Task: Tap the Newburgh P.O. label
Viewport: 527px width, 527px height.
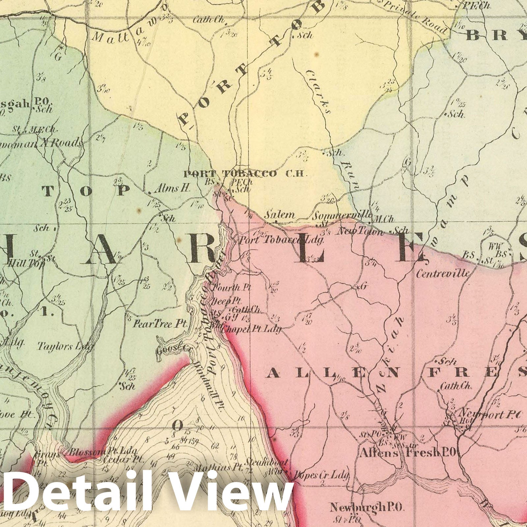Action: (367, 508)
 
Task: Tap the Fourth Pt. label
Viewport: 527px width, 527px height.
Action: (232, 287)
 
